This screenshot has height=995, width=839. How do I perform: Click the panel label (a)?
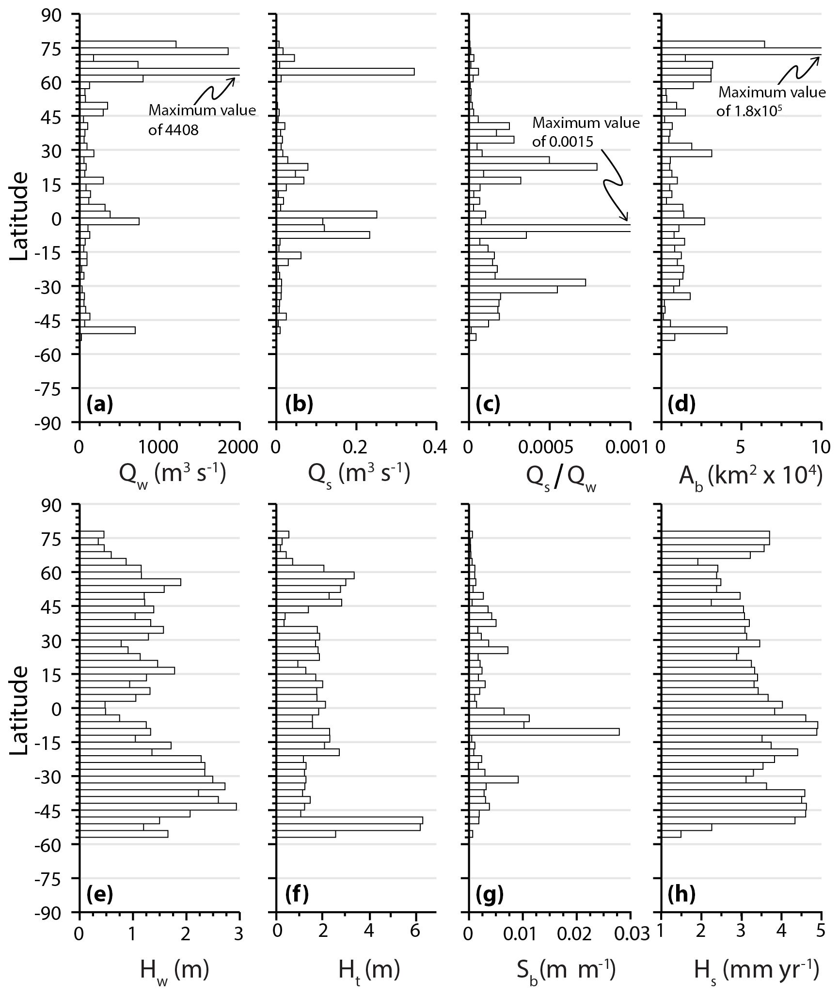99,404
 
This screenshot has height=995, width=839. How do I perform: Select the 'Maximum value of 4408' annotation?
202,120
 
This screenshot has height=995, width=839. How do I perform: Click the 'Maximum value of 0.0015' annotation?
586,132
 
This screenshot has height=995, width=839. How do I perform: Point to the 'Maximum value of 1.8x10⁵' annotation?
771,102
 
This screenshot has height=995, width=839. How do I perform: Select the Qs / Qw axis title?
561,477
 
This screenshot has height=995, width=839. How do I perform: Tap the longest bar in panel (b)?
345,72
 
